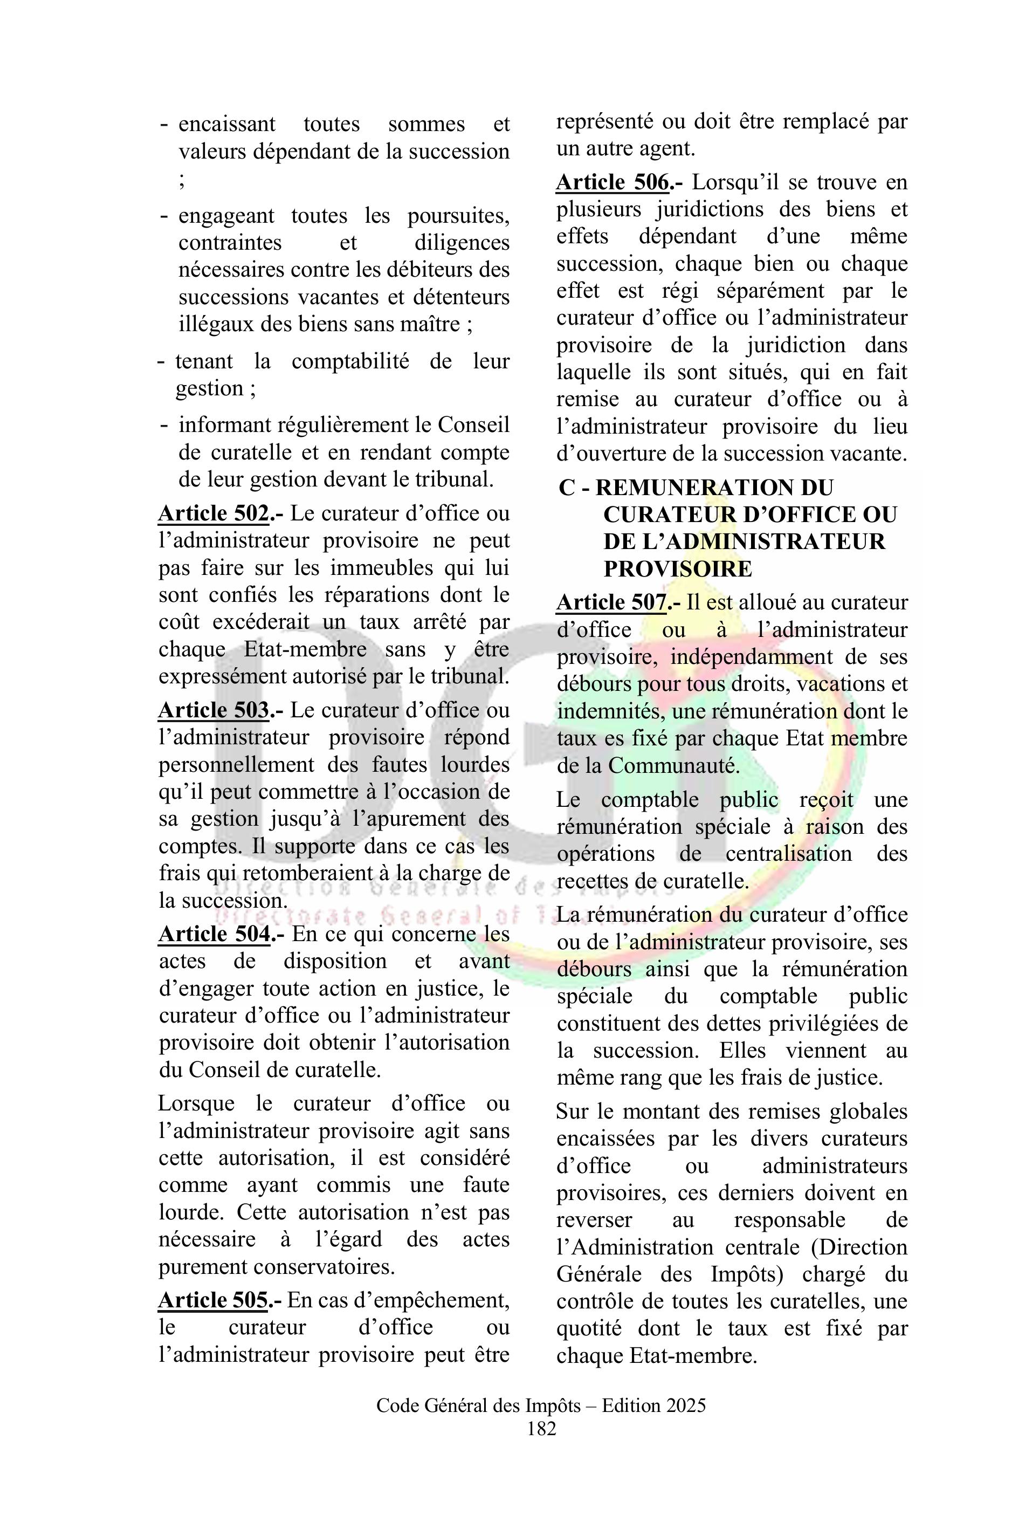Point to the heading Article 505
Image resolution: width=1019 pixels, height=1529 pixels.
pos(213,1300)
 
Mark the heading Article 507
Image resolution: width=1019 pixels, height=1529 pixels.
pos(611,602)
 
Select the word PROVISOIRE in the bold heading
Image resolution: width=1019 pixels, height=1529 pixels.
pos(677,569)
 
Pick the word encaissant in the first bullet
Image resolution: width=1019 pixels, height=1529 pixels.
pos(227,124)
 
